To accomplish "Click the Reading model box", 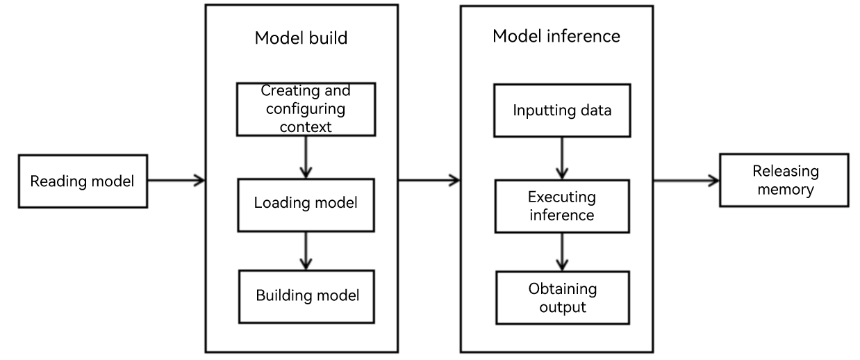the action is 83,181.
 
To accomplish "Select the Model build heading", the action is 301,38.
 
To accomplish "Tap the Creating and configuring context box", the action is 306,109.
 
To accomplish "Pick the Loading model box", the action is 306,205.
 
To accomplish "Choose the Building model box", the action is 306,297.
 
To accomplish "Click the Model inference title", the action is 556,36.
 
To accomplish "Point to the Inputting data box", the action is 562,111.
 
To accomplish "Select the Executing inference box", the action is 562,206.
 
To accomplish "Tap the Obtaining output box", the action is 563,298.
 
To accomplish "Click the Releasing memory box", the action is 784,180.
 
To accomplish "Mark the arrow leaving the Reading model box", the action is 176,180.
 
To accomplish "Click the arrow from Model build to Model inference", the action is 429,180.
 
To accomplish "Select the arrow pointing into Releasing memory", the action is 686,181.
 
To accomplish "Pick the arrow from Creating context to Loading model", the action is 306,158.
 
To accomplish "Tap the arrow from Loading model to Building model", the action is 306,251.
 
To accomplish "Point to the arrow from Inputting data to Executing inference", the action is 562,158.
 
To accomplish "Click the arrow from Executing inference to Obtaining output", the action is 562,252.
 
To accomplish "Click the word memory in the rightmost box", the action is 786,190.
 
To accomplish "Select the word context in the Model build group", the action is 306,127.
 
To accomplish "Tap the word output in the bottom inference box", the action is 563,308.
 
